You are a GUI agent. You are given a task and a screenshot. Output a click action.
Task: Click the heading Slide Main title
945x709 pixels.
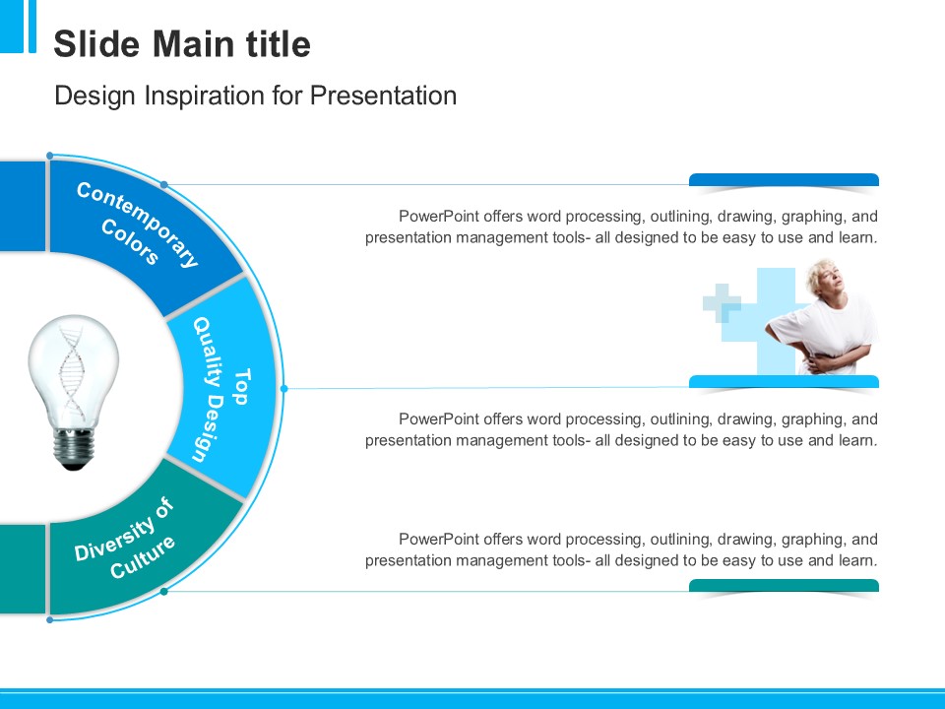pyautogui.click(x=182, y=44)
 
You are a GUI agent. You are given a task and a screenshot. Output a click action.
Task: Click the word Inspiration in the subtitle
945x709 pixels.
pyautogui.click(x=204, y=96)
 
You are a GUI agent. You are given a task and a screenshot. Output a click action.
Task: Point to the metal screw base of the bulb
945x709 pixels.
pyautogui.click(x=74, y=449)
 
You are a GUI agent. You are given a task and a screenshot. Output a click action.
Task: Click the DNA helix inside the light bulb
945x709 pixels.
pyautogui.click(x=72, y=374)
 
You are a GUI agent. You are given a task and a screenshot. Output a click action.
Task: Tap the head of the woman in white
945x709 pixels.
pyautogui.click(x=825, y=278)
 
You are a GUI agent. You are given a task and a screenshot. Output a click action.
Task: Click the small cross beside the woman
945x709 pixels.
pyautogui.click(x=722, y=302)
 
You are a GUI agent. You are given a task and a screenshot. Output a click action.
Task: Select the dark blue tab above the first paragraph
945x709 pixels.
pyautogui.click(x=784, y=179)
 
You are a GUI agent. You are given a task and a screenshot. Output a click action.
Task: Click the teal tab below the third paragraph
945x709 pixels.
pyautogui.click(x=784, y=585)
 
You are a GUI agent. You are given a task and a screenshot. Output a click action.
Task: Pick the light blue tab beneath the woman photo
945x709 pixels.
pyautogui.click(x=784, y=382)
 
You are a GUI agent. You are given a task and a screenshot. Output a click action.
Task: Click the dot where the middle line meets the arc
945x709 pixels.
pyautogui.click(x=284, y=389)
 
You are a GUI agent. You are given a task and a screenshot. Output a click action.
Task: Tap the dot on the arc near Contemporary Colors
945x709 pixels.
pyautogui.click(x=164, y=184)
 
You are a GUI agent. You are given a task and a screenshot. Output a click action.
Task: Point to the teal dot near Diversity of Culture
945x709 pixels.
pyautogui.click(x=164, y=592)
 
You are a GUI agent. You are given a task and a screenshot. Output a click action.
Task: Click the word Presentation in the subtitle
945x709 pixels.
pyautogui.click(x=383, y=96)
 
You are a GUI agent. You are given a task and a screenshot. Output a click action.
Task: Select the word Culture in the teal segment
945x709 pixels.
pyautogui.click(x=143, y=557)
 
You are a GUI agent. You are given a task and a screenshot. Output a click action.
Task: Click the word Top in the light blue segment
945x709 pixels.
pyautogui.click(x=241, y=387)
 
